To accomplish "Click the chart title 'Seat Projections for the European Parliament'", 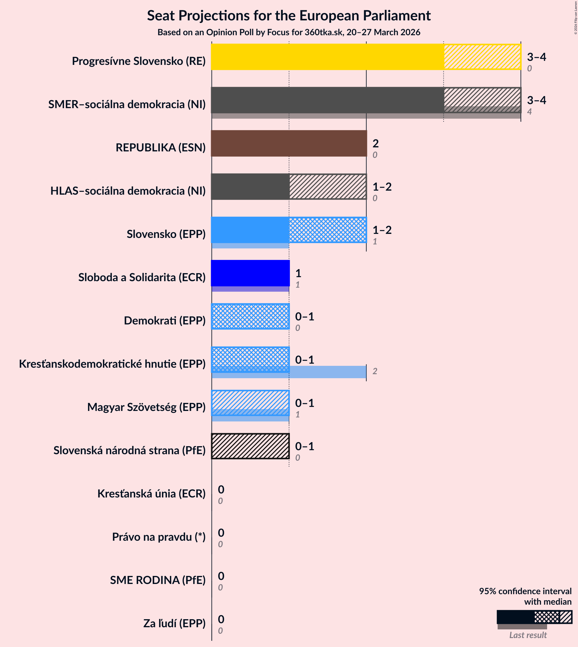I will tap(289, 15).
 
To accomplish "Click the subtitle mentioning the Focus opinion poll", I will tap(289, 32).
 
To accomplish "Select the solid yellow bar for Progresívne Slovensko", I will tap(327, 57).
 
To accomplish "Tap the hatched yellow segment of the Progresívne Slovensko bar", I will tap(482, 57).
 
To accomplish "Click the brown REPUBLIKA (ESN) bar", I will tap(289, 143).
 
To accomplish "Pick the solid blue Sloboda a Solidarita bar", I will tap(250, 273).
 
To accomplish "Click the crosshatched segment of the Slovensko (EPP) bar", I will tap(327, 230).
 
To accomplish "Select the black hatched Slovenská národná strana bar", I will tap(250, 446).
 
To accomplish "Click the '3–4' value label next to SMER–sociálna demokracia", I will tap(536, 100).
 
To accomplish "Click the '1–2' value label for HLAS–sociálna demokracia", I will tap(382, 187).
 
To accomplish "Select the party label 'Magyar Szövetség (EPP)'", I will tap(147, 407).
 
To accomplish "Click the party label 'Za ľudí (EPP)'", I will tap(174, 623).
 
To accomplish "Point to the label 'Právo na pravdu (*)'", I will tap(159, 537).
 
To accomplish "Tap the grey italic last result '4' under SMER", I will tap(529, 112).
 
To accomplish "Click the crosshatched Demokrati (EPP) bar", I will tap(250, 316).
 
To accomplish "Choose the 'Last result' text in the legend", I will tap(528, 635).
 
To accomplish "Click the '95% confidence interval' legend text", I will tap(525, 591).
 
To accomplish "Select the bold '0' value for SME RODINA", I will tap(221, 576).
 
